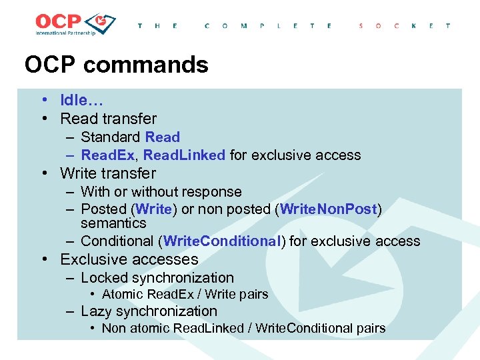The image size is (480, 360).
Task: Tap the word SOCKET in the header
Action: pyautogui.click(x=404, y=26)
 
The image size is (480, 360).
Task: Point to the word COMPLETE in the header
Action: pyautogui.click(x=269, y=26)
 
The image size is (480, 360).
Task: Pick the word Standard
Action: pyautogui.click(x=111, y=137)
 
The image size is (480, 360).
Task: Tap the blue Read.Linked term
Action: pyautogui.click(x=185, y=155)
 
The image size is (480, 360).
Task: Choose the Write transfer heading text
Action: pyautogui.click(x=108, y=173)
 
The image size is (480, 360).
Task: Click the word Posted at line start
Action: pyautogui.click(x=104, y=209)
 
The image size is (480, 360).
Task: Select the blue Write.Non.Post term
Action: pyautogui.click(x=329, y=209)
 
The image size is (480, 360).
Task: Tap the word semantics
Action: pyautogui.click(x=113, y=223)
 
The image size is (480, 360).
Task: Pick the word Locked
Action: pyautogui.click(x=103, y=278)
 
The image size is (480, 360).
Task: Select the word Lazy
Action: pyautogui.click(x=96, y=311)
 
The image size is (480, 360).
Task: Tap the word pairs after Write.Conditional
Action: pyautogui.click(x=370, y=328)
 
